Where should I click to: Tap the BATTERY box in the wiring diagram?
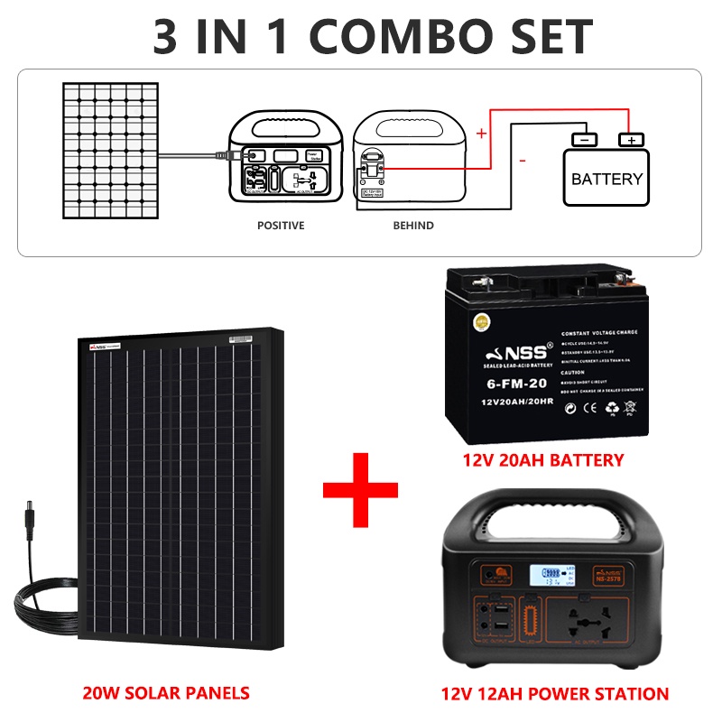606,179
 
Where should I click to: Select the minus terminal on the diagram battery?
584,140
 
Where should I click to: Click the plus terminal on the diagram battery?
631,140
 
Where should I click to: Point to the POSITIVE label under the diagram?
281,226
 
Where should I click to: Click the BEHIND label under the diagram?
412,226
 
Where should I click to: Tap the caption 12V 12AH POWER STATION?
555,694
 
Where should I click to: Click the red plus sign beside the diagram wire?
481,134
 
